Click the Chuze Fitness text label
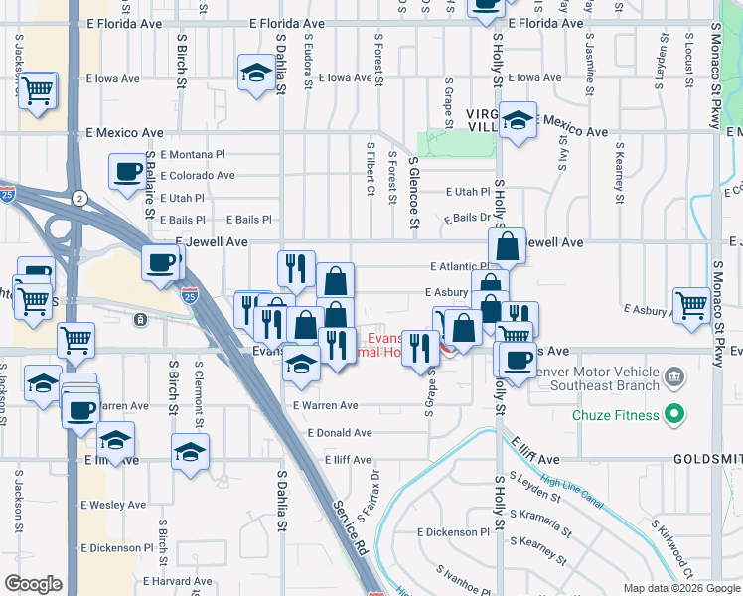[x=616, y=413]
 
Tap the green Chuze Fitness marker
[x=674, y=413]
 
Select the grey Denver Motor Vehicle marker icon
[x=674, y=376]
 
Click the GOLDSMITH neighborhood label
[x=707, y=460]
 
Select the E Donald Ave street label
[x=340, y=433]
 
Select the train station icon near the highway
[x=141, y=319]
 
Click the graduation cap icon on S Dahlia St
[x=256, y=73]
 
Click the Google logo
[x=34, y=584]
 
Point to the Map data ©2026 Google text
[x=679, y=588]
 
